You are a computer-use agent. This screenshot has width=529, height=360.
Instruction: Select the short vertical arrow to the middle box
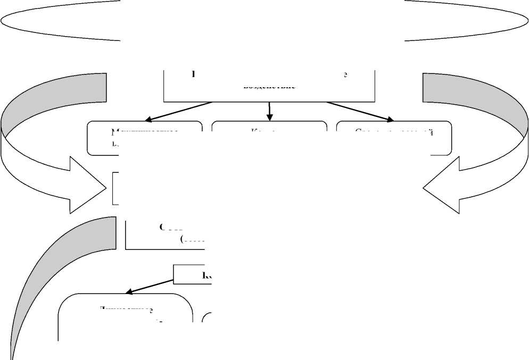[270, 111]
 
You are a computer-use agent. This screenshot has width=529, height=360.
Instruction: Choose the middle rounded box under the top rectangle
[269, 139]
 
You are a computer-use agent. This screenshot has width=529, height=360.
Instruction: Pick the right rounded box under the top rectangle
[394, 139]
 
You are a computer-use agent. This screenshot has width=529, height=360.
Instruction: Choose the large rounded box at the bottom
[125, 316]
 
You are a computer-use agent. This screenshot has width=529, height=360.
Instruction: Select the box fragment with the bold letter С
[165, 234]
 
